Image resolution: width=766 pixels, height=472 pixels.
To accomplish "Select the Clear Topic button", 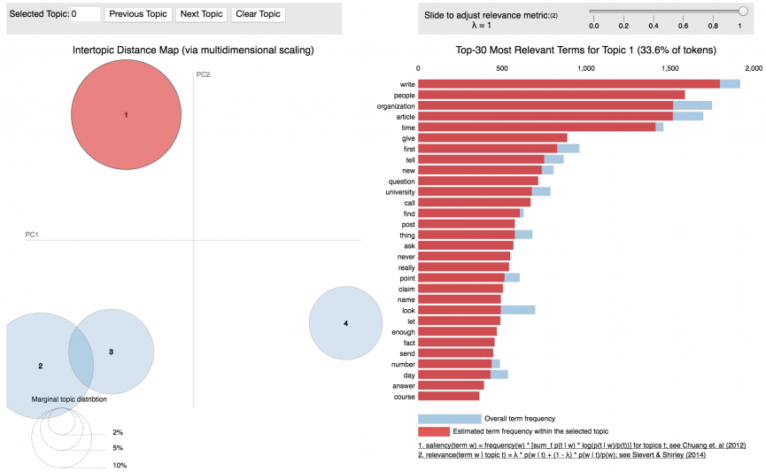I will [258, 14].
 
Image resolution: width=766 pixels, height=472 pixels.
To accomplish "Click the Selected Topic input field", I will [85, 14].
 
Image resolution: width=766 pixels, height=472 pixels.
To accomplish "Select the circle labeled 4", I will [345, 323].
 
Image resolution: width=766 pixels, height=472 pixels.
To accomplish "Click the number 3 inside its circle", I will [111, 352].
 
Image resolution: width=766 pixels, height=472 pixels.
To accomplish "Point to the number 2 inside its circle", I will [40, 365].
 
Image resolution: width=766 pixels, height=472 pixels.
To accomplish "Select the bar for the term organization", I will [545, 105].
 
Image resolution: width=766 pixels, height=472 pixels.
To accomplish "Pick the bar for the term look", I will [460, 309].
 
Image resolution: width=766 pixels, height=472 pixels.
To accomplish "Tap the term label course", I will [404, 396].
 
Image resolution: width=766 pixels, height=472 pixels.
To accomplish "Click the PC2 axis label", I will [203, 74].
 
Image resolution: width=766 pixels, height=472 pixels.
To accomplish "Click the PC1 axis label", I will [32, 235].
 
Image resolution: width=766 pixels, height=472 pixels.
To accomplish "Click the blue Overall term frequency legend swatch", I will [449, 418].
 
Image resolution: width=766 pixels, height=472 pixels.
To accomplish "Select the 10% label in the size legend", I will [120, 465].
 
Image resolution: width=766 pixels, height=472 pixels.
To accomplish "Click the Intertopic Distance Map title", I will [193, 50].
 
